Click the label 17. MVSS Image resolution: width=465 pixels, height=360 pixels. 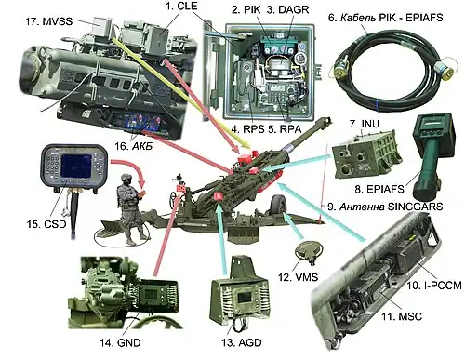[48, 21]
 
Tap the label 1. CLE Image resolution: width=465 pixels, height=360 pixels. [181, 6]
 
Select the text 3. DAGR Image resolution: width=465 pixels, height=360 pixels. [287, 9]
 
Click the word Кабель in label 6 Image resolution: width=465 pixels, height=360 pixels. [358, 18]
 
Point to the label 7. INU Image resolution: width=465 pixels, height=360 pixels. [365, 124]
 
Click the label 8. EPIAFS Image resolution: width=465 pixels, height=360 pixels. [379, 189]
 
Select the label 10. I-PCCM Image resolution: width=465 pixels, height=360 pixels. [434, 285]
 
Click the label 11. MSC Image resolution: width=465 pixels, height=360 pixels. [402, 316]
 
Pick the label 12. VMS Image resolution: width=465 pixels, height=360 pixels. [298, 276]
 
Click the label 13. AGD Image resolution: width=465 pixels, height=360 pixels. [242, 342]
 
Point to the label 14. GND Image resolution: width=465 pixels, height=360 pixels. [120, 342]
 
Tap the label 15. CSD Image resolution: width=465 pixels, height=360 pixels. [46, 223]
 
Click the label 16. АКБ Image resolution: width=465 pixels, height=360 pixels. [134, 146]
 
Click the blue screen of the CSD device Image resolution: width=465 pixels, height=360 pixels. [76, 166]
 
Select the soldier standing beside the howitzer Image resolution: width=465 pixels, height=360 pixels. [131, 209]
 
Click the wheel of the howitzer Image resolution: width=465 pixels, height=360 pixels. [279, 206]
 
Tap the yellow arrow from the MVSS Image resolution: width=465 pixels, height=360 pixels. [181, 93]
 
